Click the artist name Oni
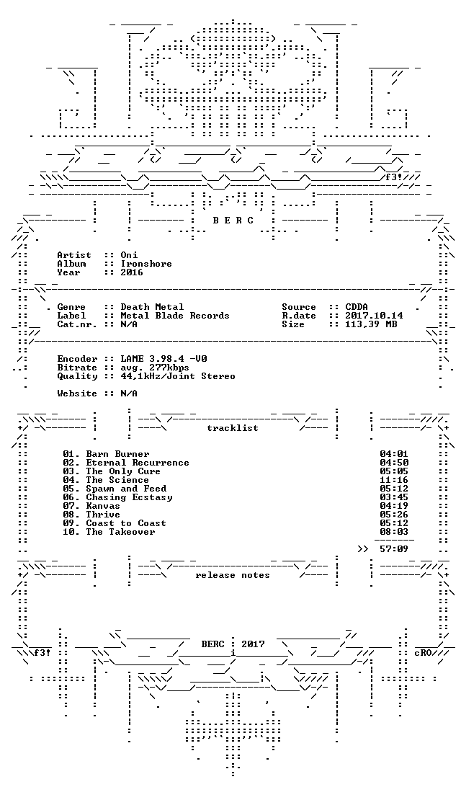point(130,255)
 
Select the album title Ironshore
point(146,264)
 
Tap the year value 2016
point(132,272)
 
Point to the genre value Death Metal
point(153,307)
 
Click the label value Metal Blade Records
point(175,316)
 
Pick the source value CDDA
point(357,307)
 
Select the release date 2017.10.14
point(375,316)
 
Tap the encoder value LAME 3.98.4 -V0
point(164,359)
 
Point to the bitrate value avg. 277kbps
point(155,368)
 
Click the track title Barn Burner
point(118,454)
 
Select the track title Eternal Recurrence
point(138,463)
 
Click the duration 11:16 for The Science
point(394,480)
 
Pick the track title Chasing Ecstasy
point(130,497)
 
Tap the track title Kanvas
point(103,506)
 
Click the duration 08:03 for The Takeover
point(394,532)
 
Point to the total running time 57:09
point(394,549)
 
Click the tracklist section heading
point(233,428)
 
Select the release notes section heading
point(233,575)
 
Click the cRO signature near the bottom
point(424,653)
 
